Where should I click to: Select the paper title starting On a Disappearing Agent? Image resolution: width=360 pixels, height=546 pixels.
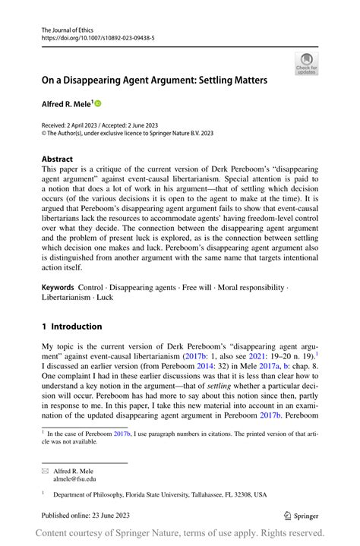coord(154,79)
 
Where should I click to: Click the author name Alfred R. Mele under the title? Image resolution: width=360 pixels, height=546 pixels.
coord(67,103)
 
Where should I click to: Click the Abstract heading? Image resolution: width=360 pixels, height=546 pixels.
coord(58,159)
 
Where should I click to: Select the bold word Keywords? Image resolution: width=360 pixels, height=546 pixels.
coord(58,289)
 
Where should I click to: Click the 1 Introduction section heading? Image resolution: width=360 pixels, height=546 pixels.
coord(71,327)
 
